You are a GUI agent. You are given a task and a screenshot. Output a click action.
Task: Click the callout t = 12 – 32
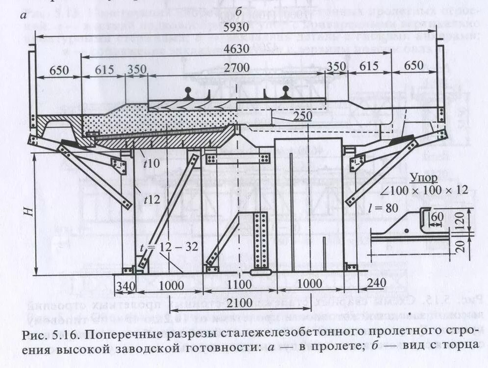click(x=177, y=247)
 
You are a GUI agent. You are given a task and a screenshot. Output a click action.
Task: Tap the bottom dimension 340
click(x=125, y=285)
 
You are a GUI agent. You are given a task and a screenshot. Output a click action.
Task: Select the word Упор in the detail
click(x=422, y=177)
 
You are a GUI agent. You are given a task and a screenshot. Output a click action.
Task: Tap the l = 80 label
click(x=384, y=207)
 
